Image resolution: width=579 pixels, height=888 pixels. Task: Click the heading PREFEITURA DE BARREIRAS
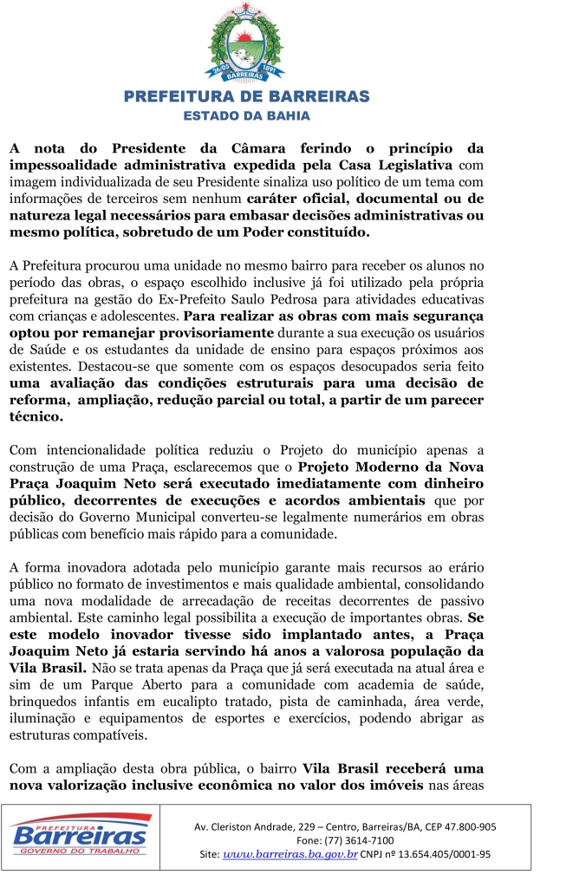pos(246,96)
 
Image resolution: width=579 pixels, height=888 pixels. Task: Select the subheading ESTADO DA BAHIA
pos(246,114)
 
